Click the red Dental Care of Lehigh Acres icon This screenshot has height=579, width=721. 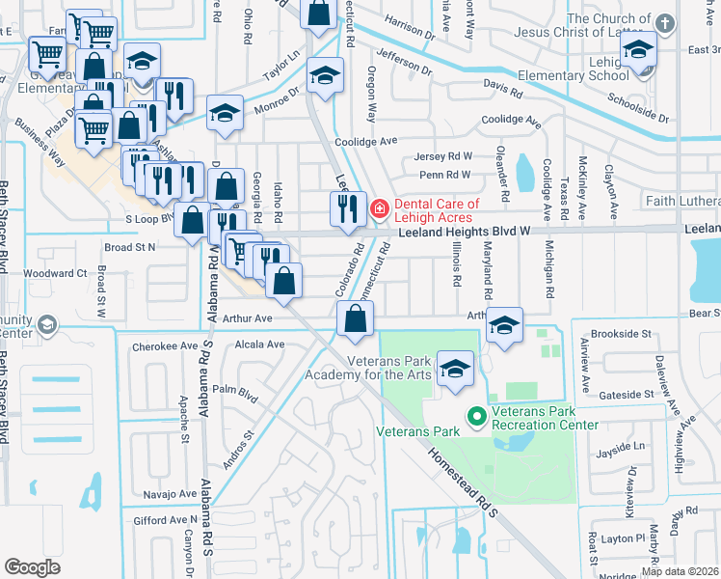tap(380, 207)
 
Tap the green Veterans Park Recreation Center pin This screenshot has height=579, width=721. tap(475, 417)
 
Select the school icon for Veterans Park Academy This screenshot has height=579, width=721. tap(455, 370)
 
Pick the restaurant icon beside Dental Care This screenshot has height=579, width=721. tap(347, 208)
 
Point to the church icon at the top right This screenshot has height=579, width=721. tap(664, 22)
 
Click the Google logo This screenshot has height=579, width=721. tap(32, 567)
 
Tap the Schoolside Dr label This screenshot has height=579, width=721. tap(637, 106)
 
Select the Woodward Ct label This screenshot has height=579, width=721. tap(55, 273)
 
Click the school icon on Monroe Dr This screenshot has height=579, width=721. tap(225, 115)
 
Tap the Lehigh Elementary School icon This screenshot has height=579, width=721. tap(638, 49)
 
